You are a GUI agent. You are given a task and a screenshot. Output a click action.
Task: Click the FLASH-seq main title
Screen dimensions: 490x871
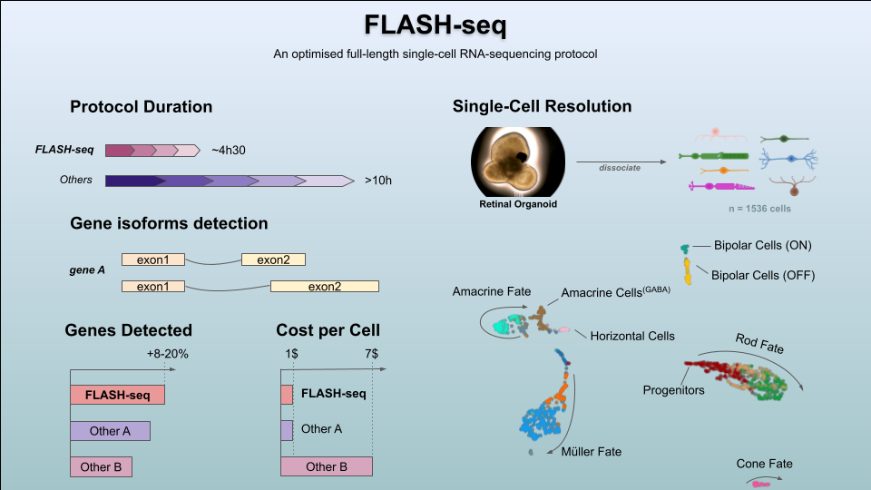(435, 24)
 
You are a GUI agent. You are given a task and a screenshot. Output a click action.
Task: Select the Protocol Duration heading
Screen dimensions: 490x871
(141, 107)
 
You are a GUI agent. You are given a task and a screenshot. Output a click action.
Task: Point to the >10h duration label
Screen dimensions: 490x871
(378, 181)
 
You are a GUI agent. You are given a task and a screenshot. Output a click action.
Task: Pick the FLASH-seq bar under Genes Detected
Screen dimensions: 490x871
(117, 395)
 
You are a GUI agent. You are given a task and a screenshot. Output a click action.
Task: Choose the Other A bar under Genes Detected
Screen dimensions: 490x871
(110, 431)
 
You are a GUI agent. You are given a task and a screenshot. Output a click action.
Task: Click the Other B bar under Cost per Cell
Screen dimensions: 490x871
(327, 466)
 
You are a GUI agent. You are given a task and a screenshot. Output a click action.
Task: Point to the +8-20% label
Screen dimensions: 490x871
(167, 354)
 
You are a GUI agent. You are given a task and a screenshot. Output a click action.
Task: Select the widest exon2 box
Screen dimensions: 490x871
(324, 287)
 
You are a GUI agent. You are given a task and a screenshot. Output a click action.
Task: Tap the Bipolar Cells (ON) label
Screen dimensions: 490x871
(762, 246)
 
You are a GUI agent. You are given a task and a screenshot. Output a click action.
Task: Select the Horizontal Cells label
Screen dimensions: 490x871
(632, 336)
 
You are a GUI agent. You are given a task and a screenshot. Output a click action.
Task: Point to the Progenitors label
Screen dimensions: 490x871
(673, 390)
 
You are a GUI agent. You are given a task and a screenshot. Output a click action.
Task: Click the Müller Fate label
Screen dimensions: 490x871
(592, 451)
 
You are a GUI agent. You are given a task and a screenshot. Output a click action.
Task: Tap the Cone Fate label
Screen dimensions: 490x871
(764, 464)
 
